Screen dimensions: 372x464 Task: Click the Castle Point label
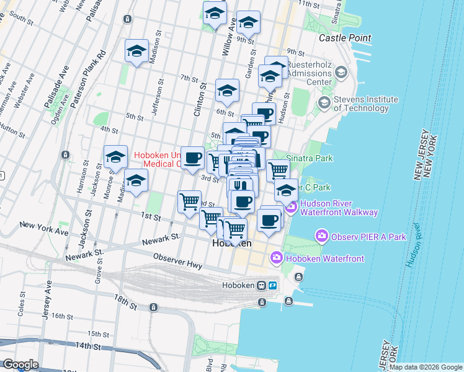click(x=345, y=38)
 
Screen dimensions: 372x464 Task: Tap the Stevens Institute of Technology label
click(x=365, y=103)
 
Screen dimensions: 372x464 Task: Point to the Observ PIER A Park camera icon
click(x=321, y=236)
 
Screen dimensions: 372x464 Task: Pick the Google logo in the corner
click(x=20, y=365)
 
